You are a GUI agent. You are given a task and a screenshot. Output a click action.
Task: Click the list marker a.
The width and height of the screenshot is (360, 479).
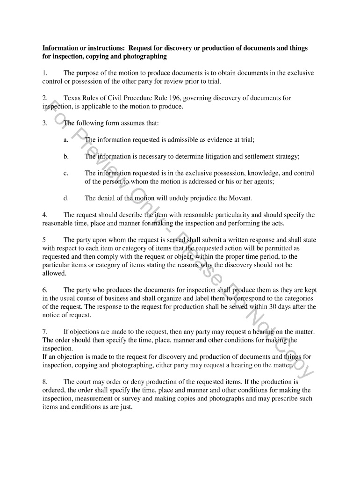(x=66, y=140)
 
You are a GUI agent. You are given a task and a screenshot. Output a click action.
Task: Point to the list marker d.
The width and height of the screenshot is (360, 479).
(x=66, y=198)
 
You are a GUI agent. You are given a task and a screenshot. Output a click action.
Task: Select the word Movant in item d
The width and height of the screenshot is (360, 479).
(x=240, y=198)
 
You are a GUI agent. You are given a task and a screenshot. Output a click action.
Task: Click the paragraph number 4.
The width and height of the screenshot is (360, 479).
(x=44, y=215)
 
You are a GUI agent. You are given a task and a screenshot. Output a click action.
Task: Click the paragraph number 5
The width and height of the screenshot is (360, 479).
(x=44, y=240)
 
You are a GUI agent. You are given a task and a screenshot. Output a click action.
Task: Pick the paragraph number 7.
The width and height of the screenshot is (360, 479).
(x=44, y=332)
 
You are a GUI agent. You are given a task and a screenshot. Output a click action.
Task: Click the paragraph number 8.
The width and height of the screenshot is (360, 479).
(x=44, y=382)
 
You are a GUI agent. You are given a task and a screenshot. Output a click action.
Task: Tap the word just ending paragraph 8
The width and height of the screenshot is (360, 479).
(x=126, y=407)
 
